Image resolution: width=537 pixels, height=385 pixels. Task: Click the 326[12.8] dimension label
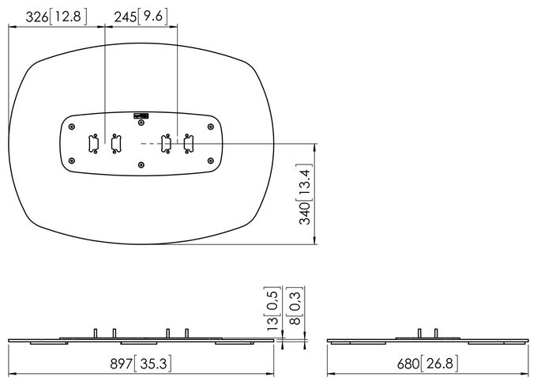pyautogui.click(x=57, y=17)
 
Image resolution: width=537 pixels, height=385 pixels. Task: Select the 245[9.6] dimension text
pyautogui.click(x=141, y=17)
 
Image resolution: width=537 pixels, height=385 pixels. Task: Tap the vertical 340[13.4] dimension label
pyautogui.click(x=305, y=194)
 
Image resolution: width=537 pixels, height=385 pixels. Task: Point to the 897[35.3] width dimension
pyautogui.click(x=141, y=364)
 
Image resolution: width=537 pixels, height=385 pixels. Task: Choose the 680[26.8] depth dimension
pyautogui.click(x=427, y=364)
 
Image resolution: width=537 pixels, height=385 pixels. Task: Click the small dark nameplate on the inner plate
pyautogui.click(x=141, y=116)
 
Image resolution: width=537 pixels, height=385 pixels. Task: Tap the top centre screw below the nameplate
pyautogui.click(x=141, y=123)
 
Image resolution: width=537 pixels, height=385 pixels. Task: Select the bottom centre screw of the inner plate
pyautogui.click(x=141, y=165)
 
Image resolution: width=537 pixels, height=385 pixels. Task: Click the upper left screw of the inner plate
pyautogui.click(x=72, y=126)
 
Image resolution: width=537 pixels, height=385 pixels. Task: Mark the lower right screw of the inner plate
pyautogui.click(x=211, y=160)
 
